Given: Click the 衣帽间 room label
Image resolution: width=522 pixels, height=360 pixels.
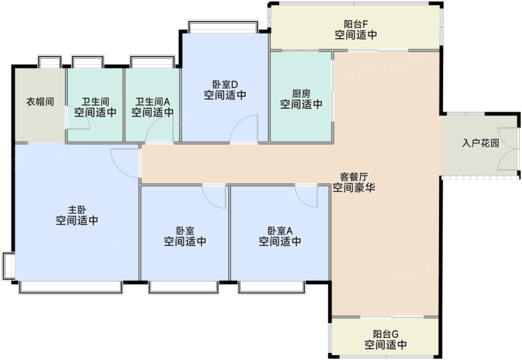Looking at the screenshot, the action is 40,101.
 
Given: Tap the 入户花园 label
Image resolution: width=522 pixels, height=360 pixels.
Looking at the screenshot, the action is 481,143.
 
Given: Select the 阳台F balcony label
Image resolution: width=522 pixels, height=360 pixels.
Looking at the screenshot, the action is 356,24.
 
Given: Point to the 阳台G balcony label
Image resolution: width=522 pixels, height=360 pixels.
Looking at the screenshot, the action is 385,334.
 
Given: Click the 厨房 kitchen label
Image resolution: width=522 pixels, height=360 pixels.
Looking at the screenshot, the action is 301,93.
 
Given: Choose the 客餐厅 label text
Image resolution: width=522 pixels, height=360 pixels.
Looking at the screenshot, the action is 354,177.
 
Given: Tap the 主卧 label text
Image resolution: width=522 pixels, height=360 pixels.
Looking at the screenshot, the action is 77,209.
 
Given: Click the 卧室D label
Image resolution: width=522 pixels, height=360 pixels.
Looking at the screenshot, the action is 225,84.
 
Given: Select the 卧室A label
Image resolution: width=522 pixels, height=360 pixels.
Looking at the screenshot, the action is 281,230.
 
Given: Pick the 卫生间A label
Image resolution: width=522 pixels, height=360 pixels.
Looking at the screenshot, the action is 153,101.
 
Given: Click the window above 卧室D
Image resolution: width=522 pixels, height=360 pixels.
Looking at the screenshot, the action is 223,27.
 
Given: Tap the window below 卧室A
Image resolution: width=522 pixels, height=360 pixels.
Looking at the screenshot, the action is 271,287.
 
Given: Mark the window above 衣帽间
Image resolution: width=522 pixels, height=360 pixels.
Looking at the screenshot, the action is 50,62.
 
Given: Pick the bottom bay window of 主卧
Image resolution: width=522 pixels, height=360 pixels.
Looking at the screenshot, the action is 70,287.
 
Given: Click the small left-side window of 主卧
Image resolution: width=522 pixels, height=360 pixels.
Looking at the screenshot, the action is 8,266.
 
